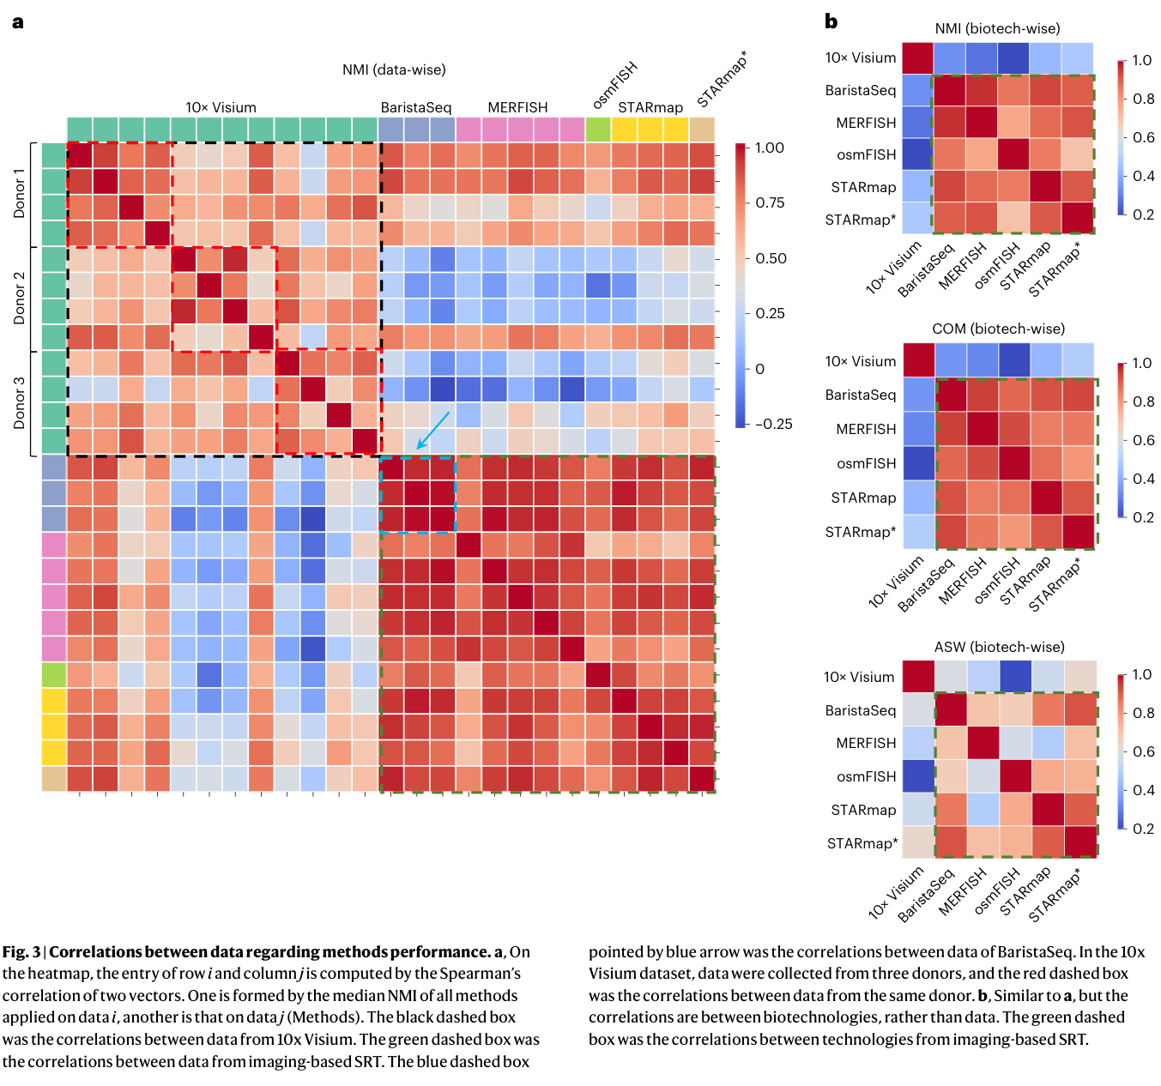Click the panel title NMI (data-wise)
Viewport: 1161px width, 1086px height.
click(394, 69)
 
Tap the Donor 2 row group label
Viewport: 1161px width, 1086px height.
click(19, 299)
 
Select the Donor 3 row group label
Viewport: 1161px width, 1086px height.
click(19, 402)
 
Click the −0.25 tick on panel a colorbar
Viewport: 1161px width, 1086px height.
click(773, 424)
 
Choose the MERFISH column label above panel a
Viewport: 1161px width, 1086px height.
click(517, 107)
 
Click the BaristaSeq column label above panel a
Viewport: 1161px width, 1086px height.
click(416, 107)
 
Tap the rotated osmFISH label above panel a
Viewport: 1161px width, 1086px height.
click(614, 85)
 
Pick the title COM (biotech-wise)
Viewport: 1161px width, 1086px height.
click(998, 329)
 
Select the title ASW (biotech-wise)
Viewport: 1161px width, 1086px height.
click(999, 647)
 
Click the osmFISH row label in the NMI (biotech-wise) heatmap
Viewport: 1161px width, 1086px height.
click(866, 154)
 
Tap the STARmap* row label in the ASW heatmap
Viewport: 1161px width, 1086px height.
click(862, 843)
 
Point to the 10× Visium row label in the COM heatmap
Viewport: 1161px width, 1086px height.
click(861, 361)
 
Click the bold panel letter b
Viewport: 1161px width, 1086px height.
click(831, 21)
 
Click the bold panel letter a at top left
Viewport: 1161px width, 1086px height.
click(18, 22)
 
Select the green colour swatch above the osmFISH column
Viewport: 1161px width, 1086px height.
click(598, 130)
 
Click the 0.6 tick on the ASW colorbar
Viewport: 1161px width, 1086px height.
click(1143, 751)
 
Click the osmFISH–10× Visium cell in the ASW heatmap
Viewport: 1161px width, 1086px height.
click(918, 776)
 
